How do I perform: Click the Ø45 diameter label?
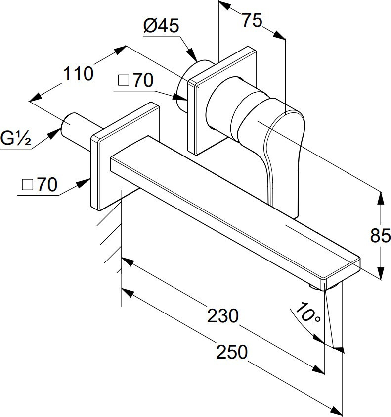(161, 26)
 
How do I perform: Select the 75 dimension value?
(252, 21)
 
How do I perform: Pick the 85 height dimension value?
(380, 236)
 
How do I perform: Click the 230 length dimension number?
(222, 315)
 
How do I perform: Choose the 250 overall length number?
(231, 352)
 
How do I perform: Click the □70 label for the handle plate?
(136, 81)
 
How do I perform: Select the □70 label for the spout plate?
(40, 185)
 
